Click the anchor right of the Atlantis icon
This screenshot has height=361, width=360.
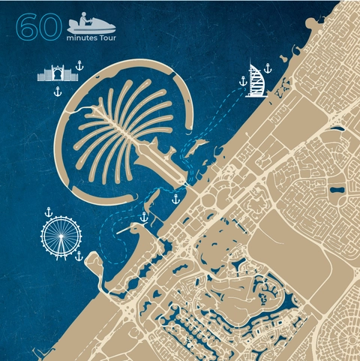[79, 67]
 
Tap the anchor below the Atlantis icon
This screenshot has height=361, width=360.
[56, 92]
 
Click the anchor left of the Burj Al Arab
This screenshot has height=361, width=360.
[241, 80]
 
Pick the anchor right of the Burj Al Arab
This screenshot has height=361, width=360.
[267, 68]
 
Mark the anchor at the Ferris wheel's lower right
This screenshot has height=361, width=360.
[77, 255]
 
